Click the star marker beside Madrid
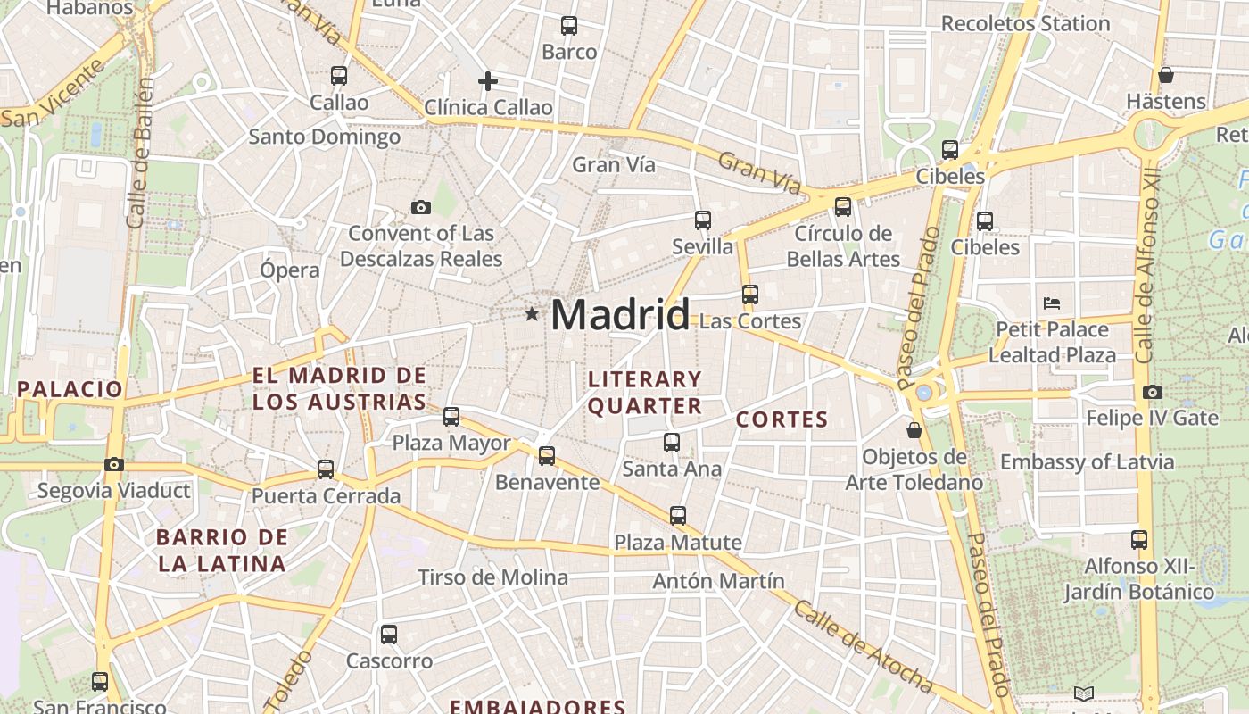(x=532, y=313)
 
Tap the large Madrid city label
(x=620, y=315)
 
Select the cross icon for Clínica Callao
(x=488, y=81)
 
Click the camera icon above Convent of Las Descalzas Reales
(x=421, y=207)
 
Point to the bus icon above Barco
(x=569, y=26)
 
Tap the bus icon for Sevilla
(x=703, y=220)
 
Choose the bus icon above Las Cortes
(x=750, y=294)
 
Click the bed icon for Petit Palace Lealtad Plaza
(x=1052, y=303)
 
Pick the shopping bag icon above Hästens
(x=1165, y=75)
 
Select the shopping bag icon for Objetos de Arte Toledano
(x=914, y=430)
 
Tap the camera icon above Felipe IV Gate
(x=1153, y=392)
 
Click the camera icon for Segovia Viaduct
(x=113, y=464)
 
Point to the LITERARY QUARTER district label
(x=645, y=393)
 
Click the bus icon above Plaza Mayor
(x=451, y=416)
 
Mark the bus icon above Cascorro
(x=389, y=635)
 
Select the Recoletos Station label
(x=1026, y=23)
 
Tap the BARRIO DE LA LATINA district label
(x=222, y=550)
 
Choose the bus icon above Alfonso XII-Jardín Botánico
(x=1139, y=539)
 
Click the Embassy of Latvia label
(x=1087, y=462)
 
